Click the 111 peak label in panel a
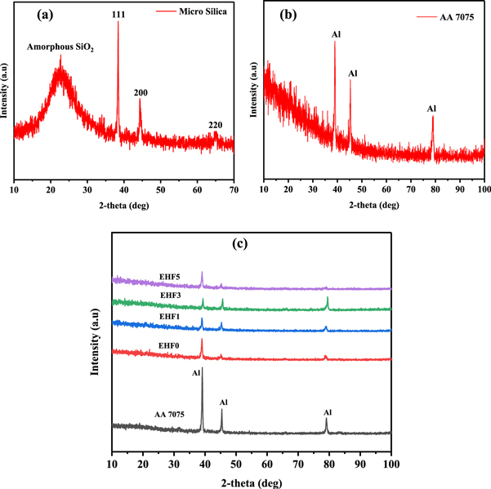coord(118,14)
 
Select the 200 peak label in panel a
coord(141,92)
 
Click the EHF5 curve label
coord(171,277)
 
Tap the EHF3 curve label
coord(171,295)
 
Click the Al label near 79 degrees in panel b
coord(432,108)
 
